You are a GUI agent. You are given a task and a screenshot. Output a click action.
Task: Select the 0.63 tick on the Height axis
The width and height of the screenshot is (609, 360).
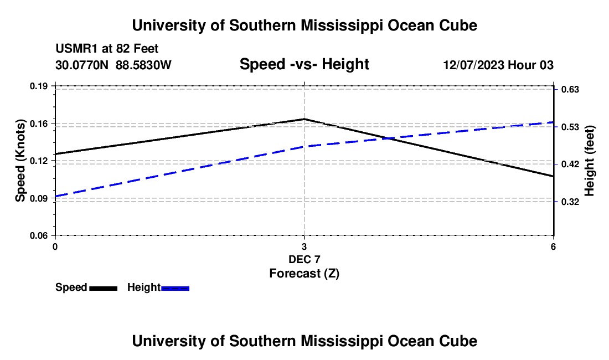click(x=570, y=90)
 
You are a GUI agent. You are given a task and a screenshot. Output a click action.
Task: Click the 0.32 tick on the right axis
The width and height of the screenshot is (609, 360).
click(x=570, y=202)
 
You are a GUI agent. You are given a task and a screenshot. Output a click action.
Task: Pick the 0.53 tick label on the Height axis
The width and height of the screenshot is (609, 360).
click(x=570, y=127)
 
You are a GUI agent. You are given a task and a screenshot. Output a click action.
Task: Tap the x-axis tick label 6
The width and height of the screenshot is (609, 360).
click(x=553, y=246)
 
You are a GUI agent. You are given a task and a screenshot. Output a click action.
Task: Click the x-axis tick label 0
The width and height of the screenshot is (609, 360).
click(x=55, y=246)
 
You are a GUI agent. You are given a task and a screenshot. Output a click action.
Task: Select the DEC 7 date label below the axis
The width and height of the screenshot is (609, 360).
click(x=304, y=259)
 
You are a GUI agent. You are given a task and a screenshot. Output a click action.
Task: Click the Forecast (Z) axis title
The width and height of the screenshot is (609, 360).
click(x=304, y=274)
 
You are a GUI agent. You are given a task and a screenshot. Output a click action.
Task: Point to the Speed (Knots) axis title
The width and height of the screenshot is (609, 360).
click(x=20, y=161)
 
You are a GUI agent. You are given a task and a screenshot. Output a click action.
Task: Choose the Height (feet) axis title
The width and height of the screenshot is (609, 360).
click(x=589, y=161)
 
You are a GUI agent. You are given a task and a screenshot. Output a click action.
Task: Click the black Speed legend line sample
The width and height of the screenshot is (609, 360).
click(x=104, y=288)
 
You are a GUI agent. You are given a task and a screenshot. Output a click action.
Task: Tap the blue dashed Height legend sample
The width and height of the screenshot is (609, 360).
click(x=175, y=288)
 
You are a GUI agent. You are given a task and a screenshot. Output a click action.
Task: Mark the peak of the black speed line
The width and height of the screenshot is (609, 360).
click(x=304, y=119)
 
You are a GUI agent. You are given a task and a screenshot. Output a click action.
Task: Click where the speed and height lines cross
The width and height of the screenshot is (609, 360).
click(x=388, y=138)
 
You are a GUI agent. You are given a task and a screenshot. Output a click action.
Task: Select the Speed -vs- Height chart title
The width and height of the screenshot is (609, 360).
click(x=304, y=64)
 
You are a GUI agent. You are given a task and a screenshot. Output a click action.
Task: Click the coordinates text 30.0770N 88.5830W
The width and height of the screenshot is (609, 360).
click(x=113, y=65)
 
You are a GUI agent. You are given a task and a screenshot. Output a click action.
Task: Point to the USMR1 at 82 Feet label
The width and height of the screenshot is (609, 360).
click(x=107, y=49)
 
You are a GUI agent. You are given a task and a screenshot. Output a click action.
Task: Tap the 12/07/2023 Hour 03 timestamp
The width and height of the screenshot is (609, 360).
click(x=498, y=65)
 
